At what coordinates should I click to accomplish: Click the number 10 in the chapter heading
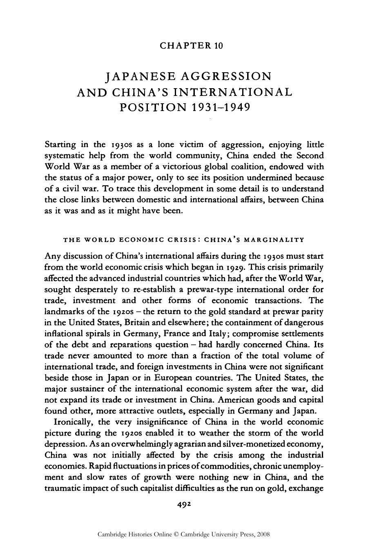pyautogui.click(x=219, y=46)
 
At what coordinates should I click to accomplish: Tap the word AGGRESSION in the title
pyautogui.click(x=226, y=76)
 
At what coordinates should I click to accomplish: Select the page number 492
pyautogui.click(x=184, y=504)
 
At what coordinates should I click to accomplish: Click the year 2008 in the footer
pyautogui.click(x=263, y=534)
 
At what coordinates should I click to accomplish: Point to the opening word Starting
pyautogui.click(x=60, y=145)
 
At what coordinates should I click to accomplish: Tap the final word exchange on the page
pyautogui.click(x=305, y=488)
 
